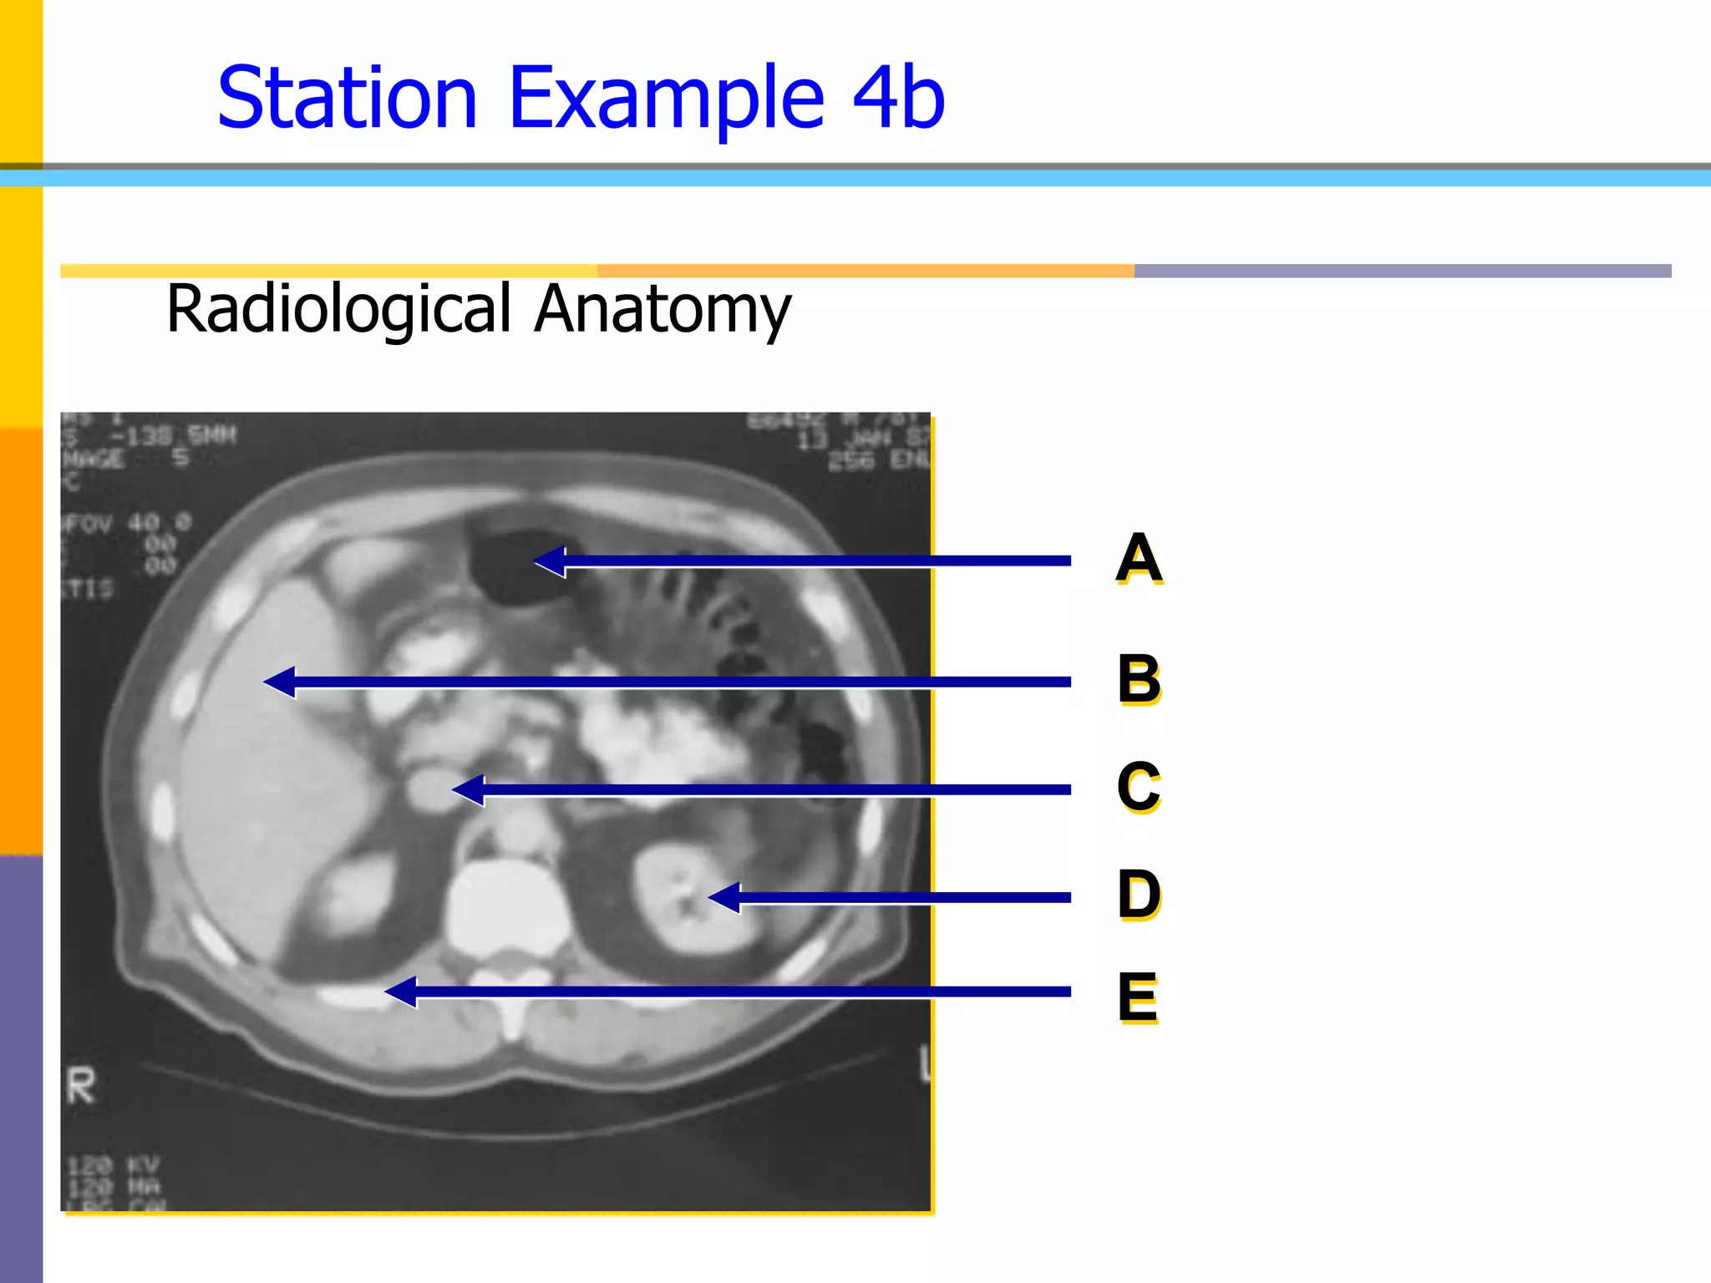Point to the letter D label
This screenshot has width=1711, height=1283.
pos(1138,894)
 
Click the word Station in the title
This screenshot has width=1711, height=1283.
pos(347,99)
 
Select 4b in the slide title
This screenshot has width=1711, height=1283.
pos(898,99)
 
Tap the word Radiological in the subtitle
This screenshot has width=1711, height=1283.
pos(338,309)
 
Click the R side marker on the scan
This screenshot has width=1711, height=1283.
pos(81,1087)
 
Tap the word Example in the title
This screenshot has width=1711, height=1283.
pos(666,99)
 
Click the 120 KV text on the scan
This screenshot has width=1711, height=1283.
pos(113,1165)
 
